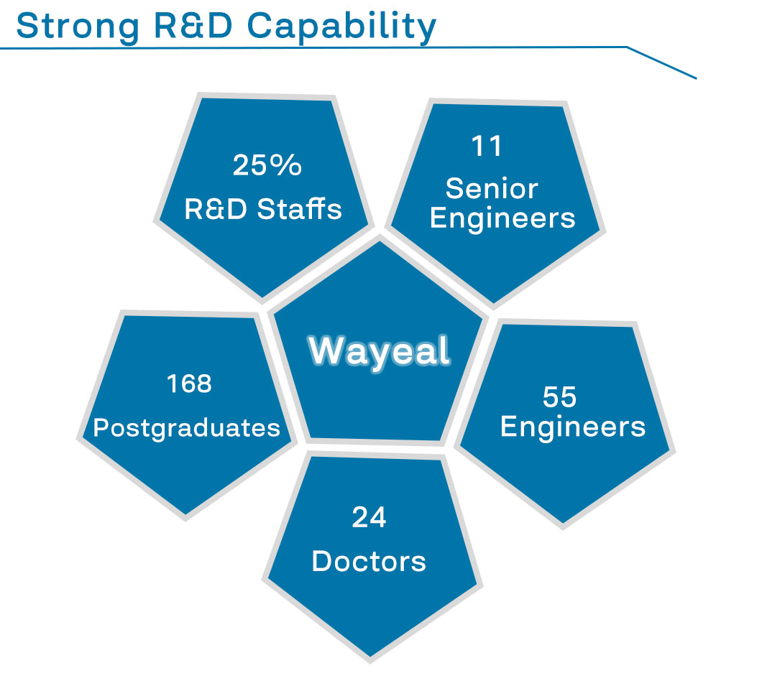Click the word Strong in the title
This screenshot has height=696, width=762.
(78, 27)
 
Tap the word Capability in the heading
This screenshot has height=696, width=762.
(341, 27)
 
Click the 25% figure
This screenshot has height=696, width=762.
(267, 165)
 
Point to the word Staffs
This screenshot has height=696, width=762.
(299, 208)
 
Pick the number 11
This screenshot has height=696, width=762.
(487, 146)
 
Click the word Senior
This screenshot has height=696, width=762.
(492, 188)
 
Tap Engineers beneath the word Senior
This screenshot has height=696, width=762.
(502, 219)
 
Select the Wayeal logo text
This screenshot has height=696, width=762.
(380, 351)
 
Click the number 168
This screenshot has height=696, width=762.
(189, 384)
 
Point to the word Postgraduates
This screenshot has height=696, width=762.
(187, 429)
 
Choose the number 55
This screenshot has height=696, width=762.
(559, 396)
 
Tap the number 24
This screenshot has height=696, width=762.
(369, 517)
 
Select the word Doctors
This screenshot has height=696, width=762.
(369, 562)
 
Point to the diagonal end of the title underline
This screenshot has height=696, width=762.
(697, 78)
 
